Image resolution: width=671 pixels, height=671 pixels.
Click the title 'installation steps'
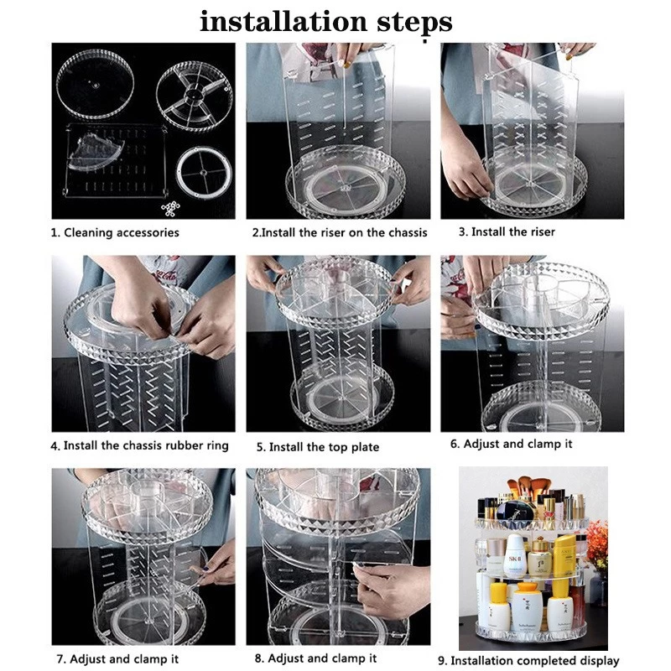point(326,23)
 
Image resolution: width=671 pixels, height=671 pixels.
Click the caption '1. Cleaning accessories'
point(115,233)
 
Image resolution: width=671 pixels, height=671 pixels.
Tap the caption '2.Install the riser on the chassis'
point(340,233)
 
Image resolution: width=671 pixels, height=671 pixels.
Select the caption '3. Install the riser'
point(507,232)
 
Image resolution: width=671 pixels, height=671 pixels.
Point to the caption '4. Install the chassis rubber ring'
point(139,445)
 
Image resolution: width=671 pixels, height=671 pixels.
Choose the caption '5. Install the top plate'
point(318,447)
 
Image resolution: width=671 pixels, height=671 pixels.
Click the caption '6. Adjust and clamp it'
point(511,444)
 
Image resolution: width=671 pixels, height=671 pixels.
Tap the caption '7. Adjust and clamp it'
point(117,658)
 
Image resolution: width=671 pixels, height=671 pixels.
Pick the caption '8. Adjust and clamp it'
point(315,658)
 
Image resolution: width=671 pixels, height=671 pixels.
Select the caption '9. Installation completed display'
point(529,660)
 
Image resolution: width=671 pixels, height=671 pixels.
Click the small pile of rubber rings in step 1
point(170,209)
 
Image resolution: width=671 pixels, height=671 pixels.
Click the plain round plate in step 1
point(95,85)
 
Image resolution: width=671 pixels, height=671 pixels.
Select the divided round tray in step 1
point(195,95)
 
